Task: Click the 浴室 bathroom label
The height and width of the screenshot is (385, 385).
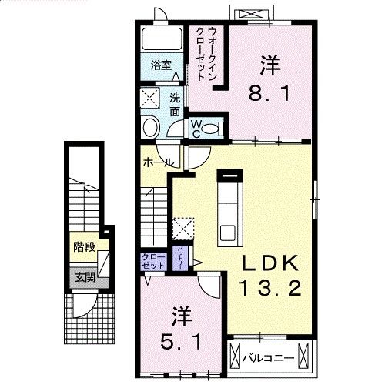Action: pyautogui.click(x=160, y=66)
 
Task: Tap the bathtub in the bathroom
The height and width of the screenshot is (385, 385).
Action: pyautogui.click(x=160, y=40)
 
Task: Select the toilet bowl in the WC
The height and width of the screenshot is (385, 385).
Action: pyautogui.click(x=151, y=127)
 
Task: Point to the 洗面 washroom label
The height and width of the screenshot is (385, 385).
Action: pyautogui.click(x=175, y=105)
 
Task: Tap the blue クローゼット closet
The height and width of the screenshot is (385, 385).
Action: pyautogui.click(x=153, y=260)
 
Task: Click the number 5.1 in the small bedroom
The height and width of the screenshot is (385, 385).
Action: pyautogui.click(x=182, y=339)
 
